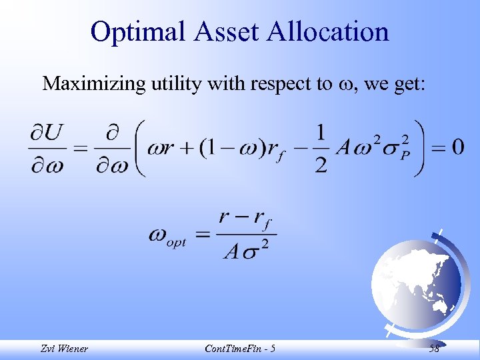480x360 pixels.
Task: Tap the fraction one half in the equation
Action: click(321, 148)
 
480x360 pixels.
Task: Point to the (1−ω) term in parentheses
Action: click(225, 147)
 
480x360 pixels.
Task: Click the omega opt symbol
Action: click(167, 237)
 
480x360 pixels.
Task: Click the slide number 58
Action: click(434, 349)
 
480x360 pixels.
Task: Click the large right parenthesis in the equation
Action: click(419, 147)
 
